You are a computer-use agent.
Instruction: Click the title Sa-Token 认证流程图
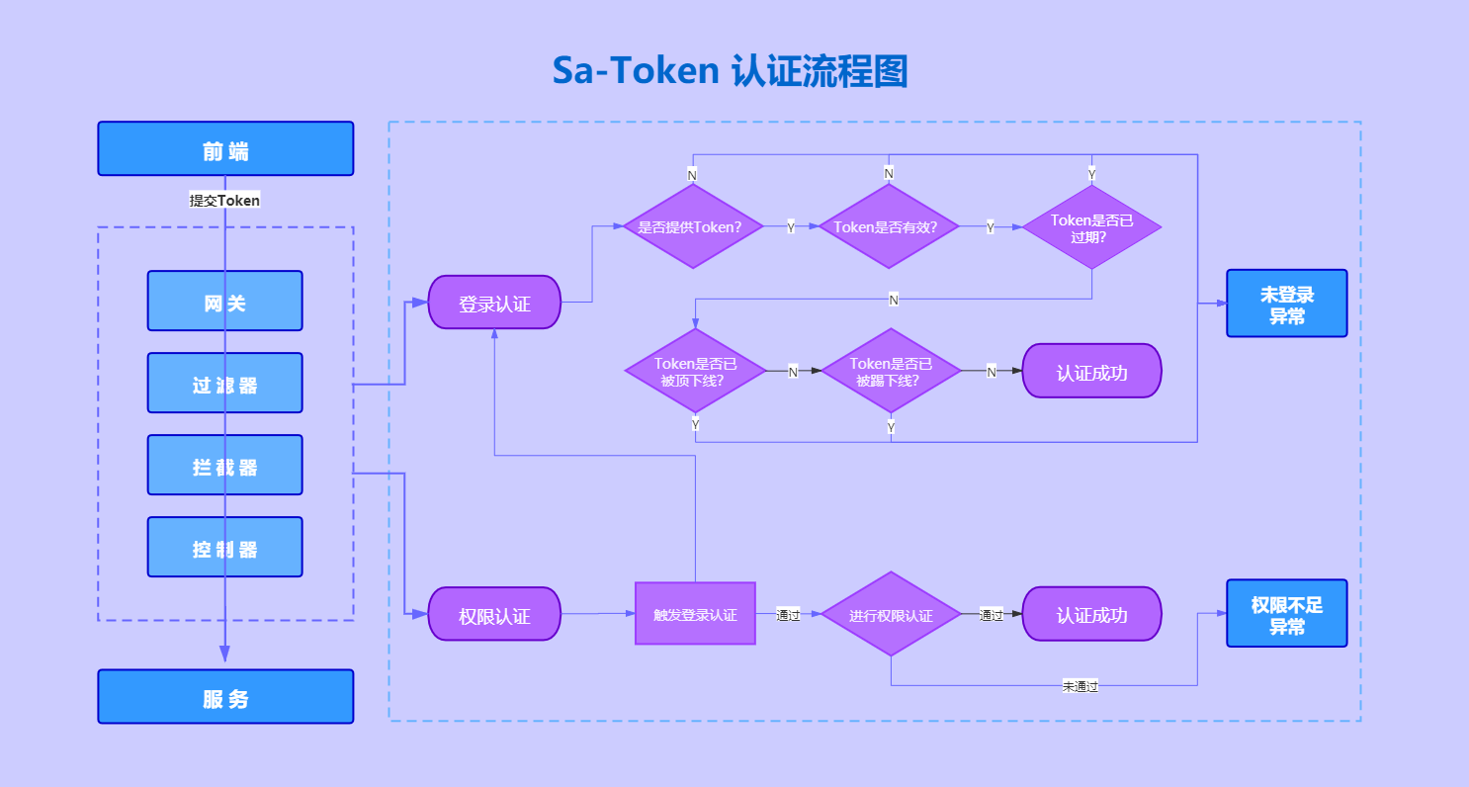pyautogui.click(x=730, y=71)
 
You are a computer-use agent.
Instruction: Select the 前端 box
pyautogui.click(x=225, y=149)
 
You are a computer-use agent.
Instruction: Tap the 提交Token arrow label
pyautogui.click(x=225, y=200)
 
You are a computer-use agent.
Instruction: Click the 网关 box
pyautogui.click(x=225, y=302)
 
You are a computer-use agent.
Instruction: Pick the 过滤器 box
pyautogui.click(x=225, y=384)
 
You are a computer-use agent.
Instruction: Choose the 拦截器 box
pyautogui.click(x=225, y=466)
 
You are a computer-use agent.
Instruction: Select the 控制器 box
pyautogui.click(x=225, y=548)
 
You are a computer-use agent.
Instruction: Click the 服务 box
pyautogui.click(x=225, y=697)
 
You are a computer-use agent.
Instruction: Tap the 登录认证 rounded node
pyautogui.click(x=494, y=303)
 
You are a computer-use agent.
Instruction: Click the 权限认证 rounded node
pyautogui.click(x=494, y=614)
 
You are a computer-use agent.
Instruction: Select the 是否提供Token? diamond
pyautogui.click(x=691, y=226)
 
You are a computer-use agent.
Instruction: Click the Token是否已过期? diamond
pyautogui.click(x=1091, y=227)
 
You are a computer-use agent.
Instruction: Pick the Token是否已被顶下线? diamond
pyautogui.click(x=695, y=371)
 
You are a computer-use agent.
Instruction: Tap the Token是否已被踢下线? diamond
pyautogui.click(x=891, y=371)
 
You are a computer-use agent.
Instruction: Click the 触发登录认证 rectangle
pyautogui.click(x=695, y=614)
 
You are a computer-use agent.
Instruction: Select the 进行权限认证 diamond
pyautogui.click(x=891, y=614)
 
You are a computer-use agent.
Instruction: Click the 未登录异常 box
pyautogui.click(x=1286, y=304)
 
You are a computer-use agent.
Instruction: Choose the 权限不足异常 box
pyautogui.click(x=1286, y=614)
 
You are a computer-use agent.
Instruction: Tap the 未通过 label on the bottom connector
pyautogui.click(x=1080, y=686)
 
